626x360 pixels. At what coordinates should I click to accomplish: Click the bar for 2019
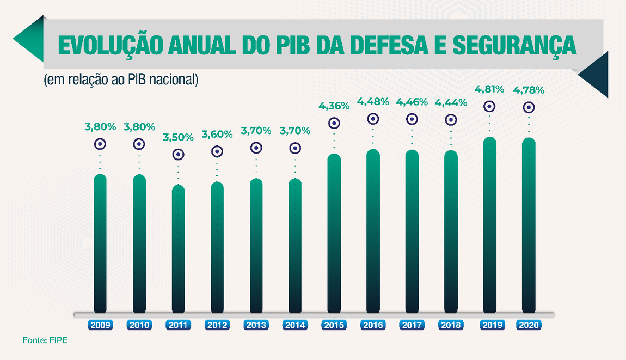(x=490, y=226)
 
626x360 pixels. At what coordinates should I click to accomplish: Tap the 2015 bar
(x=334, y=234)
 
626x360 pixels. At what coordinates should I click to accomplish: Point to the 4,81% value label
(x=489, y=89)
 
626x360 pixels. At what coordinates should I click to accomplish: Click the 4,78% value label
(x=529, y=90)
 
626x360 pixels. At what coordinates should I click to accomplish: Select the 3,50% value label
(x=178, y=137)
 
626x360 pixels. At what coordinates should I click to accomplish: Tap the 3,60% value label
(x=217, y=134)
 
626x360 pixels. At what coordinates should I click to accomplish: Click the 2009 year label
(x=101, y=326)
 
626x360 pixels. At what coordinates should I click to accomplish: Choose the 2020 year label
(x=529, y=326)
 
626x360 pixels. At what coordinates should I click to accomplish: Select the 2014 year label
(x=295, y=326)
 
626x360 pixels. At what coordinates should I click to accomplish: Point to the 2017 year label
(x=412, y=326)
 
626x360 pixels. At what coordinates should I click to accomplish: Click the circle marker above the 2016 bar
(x=373, y=119)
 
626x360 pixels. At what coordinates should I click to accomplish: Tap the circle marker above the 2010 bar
(x=139, y=144)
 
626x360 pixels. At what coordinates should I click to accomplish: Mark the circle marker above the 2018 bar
(x=451, y=120)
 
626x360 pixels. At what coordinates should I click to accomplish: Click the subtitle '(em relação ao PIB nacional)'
(x=120, y=80)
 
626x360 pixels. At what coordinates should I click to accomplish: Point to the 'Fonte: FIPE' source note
(x=45, y=340)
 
